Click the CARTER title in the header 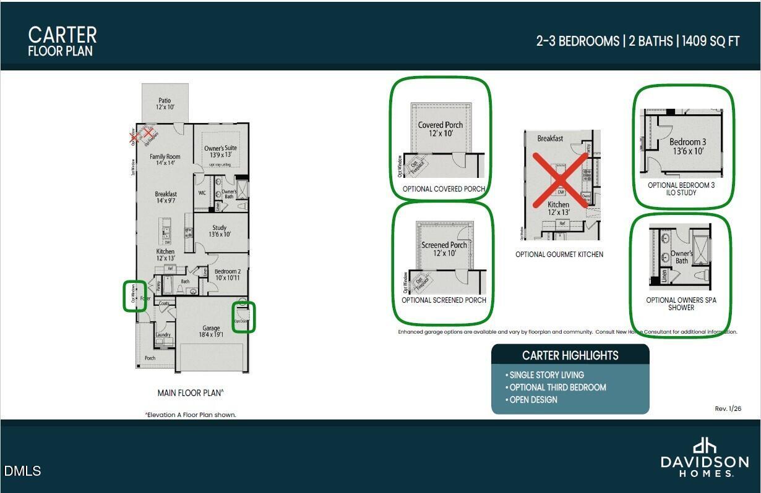pyautogui.click(x=62, y=34)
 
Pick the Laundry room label pyautogui.click(x=163, y=335)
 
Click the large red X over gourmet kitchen pyautogui.click(x=560, y=180)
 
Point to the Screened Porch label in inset pyautogui.click(x=444, y=249)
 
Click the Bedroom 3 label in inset pyautogui.click(x=687, y=146)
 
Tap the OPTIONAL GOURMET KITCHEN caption pyautogui.click(x=559, y=255)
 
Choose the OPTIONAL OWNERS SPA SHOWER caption pyautogui.click(x=681, y=303)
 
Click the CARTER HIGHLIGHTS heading pyautogui.click(x=570, y=355)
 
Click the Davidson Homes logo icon pyautogui.click(x=704, y=445)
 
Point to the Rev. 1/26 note pyautogui.click(x=728, y=408)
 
